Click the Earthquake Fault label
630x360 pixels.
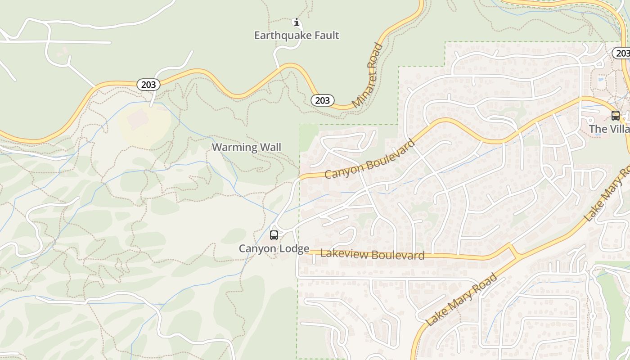coord(296,36)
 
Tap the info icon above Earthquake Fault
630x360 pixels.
coord(296,22)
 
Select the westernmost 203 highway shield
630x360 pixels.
coord(148,85)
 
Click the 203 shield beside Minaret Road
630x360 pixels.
coord(322,100)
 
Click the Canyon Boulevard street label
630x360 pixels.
coord(369,159)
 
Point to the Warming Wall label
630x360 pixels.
coord(246,148)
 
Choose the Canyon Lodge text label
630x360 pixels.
coord(274,249)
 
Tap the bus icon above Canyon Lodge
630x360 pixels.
coord(274,235)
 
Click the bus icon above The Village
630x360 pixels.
coord(615,116)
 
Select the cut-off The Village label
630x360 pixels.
coord(609,129)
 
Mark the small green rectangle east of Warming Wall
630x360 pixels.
coord(309,137)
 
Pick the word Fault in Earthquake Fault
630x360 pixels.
coord(324,36)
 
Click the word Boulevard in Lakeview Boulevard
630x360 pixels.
coord(397,256)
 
